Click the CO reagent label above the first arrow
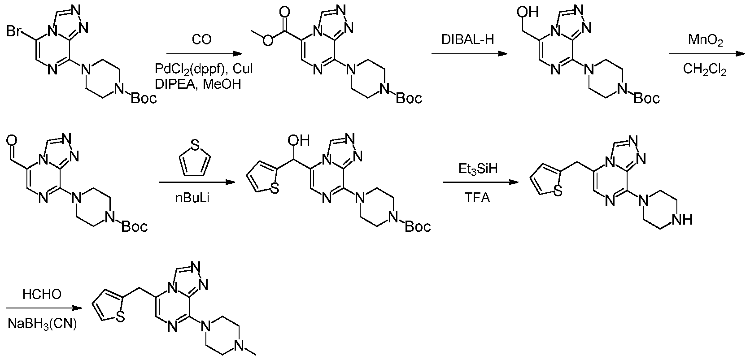click(x=202, y=40)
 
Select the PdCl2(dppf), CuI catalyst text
click(x=204, y=69)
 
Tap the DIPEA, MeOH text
click(x=198, y=84)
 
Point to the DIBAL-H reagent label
click(x=468, y=40)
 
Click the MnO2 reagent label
click(x=705, y=40)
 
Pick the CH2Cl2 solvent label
click(x=705, y=69)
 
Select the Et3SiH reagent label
click(x=478, y=169)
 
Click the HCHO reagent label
click(x=42, y=295)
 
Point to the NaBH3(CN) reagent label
click(x=42, y=324)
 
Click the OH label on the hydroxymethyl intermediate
click(x=528, y=13)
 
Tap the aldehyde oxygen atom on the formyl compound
click(x=11, y=140)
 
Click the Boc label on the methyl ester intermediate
click(x=409, y=98)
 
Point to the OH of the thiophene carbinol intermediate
click(x=299, y=140)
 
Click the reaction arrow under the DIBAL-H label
click(x=469, y=54)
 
